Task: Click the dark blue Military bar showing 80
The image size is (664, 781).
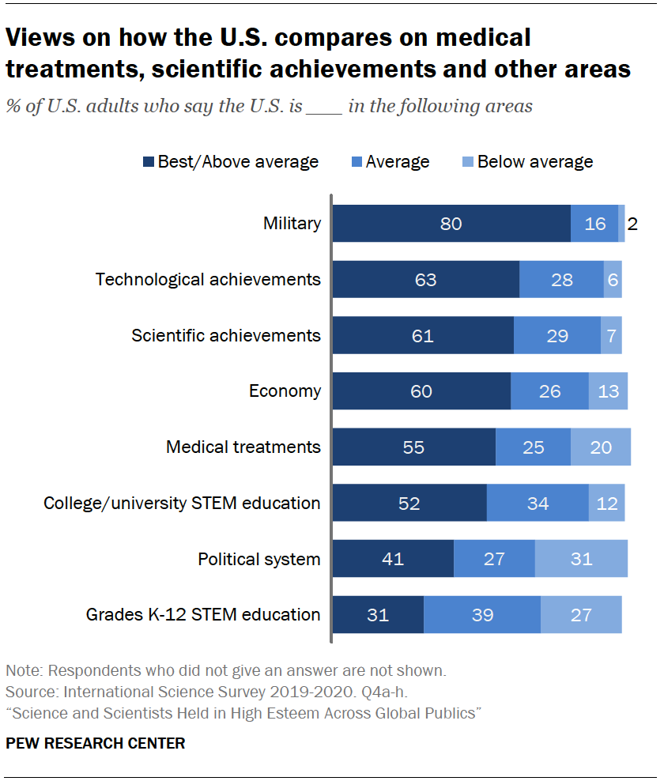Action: [451, 223]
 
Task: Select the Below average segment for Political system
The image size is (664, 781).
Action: [581, 559]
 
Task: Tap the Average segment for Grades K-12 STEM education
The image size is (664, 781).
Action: [482, 615]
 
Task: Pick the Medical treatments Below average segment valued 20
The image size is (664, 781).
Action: [601, 447]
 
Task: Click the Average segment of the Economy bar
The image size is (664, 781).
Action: [549, 391]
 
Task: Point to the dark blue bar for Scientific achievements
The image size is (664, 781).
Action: [423, 335]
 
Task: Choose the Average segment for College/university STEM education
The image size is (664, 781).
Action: [538, 503]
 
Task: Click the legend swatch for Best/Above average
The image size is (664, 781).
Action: [149, 162]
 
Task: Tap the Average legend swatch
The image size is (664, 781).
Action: [356, 162]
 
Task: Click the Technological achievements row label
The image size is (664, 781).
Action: [208, 279]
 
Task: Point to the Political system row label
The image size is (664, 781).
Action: [258, 559]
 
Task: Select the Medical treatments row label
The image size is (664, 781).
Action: [243, 447]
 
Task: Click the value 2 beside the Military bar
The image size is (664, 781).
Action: [632, 224]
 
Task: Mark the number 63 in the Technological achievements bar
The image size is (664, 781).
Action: [424, 280]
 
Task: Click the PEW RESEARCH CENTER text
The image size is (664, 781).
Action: [96, 743]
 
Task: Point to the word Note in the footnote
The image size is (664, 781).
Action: [24, 671]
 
